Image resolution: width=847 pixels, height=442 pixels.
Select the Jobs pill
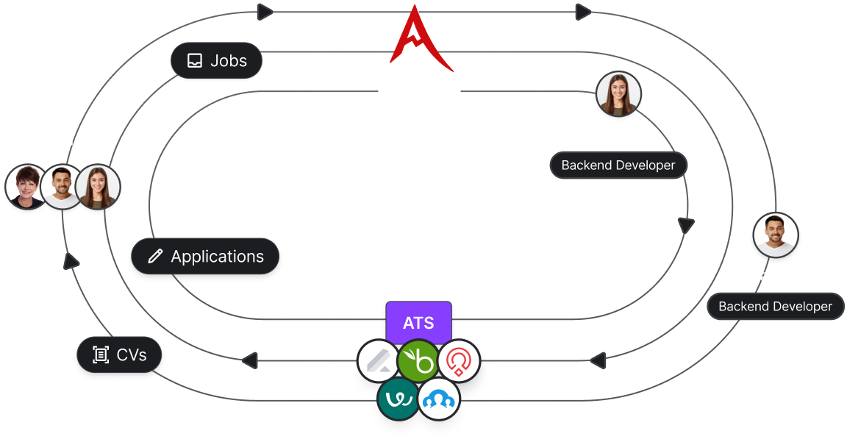216,60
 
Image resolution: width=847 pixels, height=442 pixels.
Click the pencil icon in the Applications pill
155,257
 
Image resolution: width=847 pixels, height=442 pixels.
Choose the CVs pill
120,355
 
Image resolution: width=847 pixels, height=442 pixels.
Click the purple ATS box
418,322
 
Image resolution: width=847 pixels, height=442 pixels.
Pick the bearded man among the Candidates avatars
62,186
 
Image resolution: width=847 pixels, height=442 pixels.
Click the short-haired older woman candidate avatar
27,186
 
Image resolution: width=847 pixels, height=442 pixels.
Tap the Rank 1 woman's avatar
618,94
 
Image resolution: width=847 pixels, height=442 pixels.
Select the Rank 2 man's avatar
775,235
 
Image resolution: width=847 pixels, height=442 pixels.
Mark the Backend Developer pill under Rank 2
775,306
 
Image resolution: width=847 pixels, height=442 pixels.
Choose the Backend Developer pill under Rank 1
618,165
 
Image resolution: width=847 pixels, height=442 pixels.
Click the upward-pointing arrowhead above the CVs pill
72,260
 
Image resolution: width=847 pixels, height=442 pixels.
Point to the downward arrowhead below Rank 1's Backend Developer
685,225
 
